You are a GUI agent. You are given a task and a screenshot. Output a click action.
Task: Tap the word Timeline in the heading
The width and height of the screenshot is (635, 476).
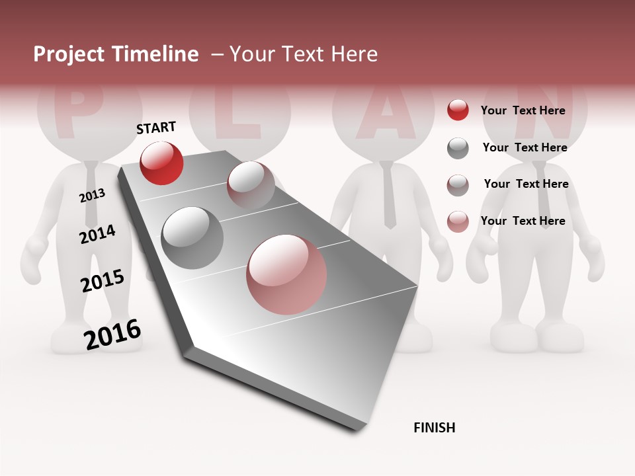pos(157,54)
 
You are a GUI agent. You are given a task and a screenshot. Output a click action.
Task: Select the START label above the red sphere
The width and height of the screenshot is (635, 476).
pos(156,128)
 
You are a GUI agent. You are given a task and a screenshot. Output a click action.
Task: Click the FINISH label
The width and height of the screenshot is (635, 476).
pos(435,428)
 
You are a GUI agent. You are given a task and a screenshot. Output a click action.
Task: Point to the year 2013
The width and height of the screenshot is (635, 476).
pos(93,196)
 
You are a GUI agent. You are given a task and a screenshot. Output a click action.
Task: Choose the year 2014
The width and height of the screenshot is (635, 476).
pos(98,234)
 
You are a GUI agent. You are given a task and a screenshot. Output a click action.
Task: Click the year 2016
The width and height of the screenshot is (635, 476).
pos(112,335)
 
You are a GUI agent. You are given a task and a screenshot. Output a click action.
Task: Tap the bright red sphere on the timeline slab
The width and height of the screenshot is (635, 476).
pos(161,163)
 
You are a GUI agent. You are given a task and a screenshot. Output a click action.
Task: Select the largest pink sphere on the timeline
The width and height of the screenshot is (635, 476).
pos(286,274)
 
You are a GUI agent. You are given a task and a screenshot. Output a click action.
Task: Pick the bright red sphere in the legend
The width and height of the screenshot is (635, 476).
pos(458,110)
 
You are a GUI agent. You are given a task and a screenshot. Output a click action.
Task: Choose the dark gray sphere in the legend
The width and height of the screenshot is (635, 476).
pos(458,148)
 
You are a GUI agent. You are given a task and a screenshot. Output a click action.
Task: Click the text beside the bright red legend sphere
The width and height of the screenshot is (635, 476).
pos(523,111)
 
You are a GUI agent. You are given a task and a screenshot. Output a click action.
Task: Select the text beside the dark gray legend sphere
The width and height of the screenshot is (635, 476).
pos(525,147)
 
